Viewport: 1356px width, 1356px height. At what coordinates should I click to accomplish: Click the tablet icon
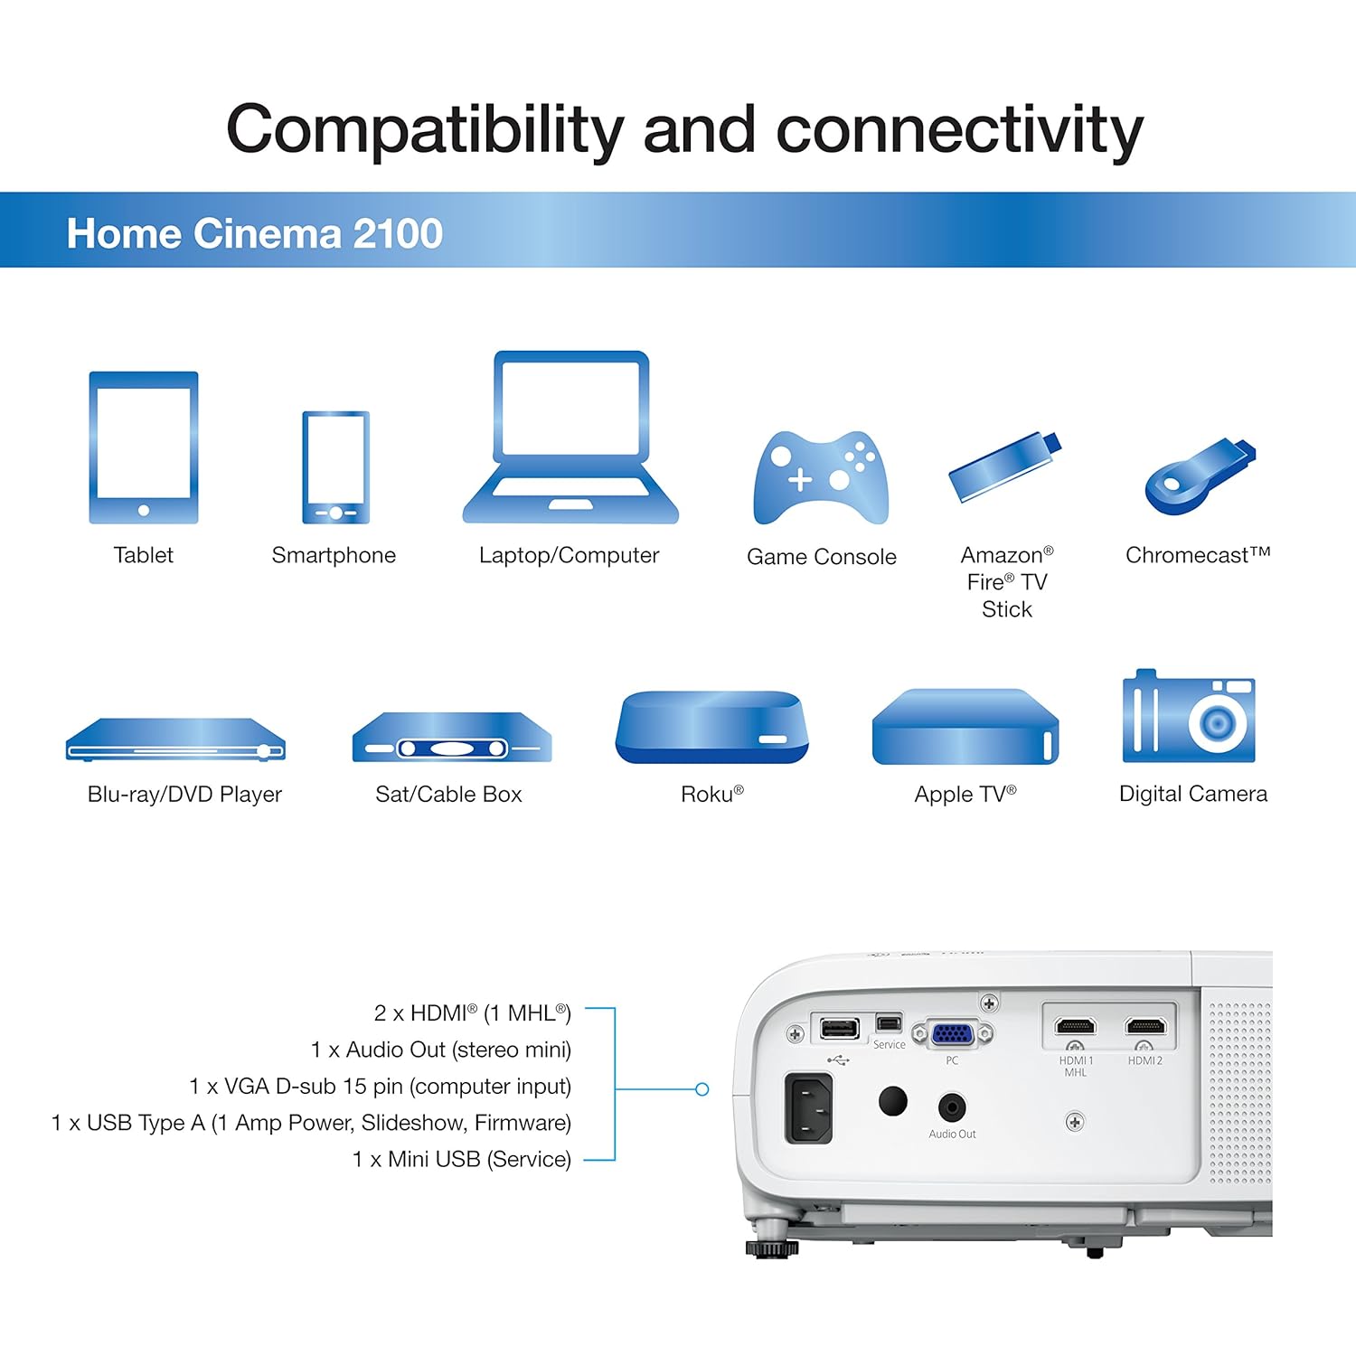pos(143,447)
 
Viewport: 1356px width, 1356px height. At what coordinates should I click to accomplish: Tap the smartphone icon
pos(335,467)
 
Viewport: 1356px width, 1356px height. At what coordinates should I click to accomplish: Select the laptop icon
pos(570,438)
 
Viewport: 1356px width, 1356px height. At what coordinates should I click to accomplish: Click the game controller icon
pos(821,477)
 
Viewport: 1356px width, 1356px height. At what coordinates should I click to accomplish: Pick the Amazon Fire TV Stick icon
pos(1004,467)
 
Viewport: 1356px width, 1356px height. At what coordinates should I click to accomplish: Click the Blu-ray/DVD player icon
pos(175,739)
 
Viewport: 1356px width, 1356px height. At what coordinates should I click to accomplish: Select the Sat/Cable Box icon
pos(451,739)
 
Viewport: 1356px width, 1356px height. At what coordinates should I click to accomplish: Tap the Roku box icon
pos(711,728)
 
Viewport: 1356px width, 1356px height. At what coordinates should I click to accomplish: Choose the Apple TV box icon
pos(965,728)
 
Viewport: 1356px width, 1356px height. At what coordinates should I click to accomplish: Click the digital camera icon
pos(1189,717)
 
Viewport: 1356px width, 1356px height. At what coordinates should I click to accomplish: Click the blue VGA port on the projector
pos(952,1032)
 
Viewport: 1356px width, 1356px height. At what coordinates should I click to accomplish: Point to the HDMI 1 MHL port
pos(1076,1026)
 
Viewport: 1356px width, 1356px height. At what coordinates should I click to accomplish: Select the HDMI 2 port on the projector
pos(1145,1026)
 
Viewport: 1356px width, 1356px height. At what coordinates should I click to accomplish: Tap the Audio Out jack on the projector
pos(952,1106)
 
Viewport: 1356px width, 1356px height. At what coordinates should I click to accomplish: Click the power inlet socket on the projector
pos(809,1107)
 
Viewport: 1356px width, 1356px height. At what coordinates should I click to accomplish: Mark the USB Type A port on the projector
pos(839,1028)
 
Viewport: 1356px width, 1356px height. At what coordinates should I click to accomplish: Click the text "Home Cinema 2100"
pos(255,233)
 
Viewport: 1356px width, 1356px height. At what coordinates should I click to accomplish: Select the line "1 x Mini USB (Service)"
pos(461,1159)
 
